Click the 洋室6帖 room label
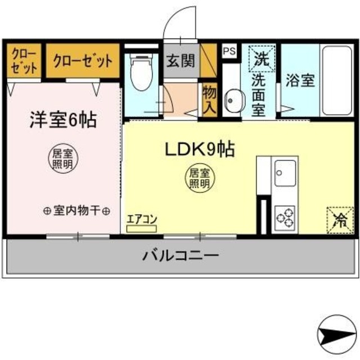62,120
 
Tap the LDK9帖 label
199,149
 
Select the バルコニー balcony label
179,256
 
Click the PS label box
229,50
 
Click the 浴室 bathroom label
300,80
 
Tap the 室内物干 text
76,211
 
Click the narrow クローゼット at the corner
23,61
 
